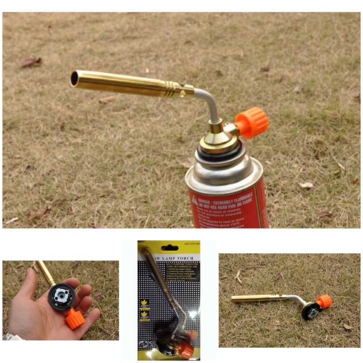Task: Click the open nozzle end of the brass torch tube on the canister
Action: click(74, 78)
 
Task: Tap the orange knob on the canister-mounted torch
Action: click(252, 122)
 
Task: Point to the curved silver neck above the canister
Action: click(210, 103)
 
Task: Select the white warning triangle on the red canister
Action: click(194, 200)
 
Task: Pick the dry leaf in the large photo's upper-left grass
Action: click(30, 62)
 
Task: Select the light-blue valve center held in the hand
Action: click(61, 295)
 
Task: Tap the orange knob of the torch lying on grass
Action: click(324, 301)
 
